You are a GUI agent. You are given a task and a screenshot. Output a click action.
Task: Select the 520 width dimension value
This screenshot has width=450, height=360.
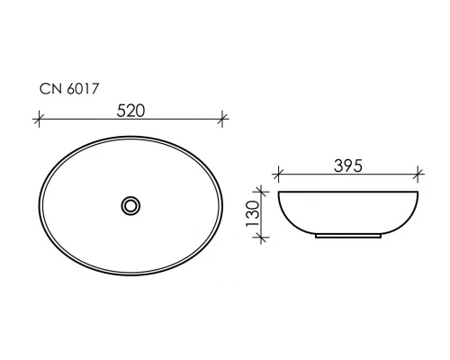point(130,110)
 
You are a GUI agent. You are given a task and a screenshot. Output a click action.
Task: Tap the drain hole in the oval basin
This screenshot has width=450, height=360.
point(131,205)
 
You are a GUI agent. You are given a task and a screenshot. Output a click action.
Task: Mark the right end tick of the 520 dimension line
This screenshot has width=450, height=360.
point(224,118)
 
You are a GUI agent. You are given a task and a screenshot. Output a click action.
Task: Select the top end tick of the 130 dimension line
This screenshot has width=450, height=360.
point(263,191)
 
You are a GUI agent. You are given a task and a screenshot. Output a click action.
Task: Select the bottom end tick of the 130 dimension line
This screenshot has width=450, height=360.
point(263,238)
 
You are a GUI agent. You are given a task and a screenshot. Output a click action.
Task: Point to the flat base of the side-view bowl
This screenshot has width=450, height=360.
point(348,238)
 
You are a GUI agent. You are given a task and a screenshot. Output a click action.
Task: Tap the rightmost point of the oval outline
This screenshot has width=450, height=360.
point(224,205)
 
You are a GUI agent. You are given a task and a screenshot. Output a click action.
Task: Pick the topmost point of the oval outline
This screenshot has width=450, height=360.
point(131,135)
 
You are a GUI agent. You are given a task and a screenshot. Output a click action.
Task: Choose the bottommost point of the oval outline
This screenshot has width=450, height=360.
point(131,275)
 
